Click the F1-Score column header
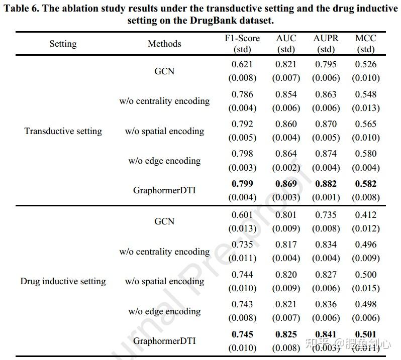coord(242,39)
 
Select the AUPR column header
coord(326,39)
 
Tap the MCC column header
coord(365,39)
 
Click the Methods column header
coord(164,44)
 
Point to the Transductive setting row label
coord(63,131)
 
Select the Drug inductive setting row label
coord(63,281)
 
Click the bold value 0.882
coord(326,184)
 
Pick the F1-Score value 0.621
coord(242,64)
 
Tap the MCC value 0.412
coord(365,215)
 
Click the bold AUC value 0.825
coord(286,334)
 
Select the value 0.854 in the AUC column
coord(286,94)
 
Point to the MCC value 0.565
coord(365,124)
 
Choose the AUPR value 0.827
coord(326,275)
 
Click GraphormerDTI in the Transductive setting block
coord(164,191)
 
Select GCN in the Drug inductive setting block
coord(164,221)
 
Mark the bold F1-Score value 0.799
coord(242,184)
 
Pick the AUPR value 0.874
coord(326,154)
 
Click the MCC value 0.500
coord(365,275)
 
